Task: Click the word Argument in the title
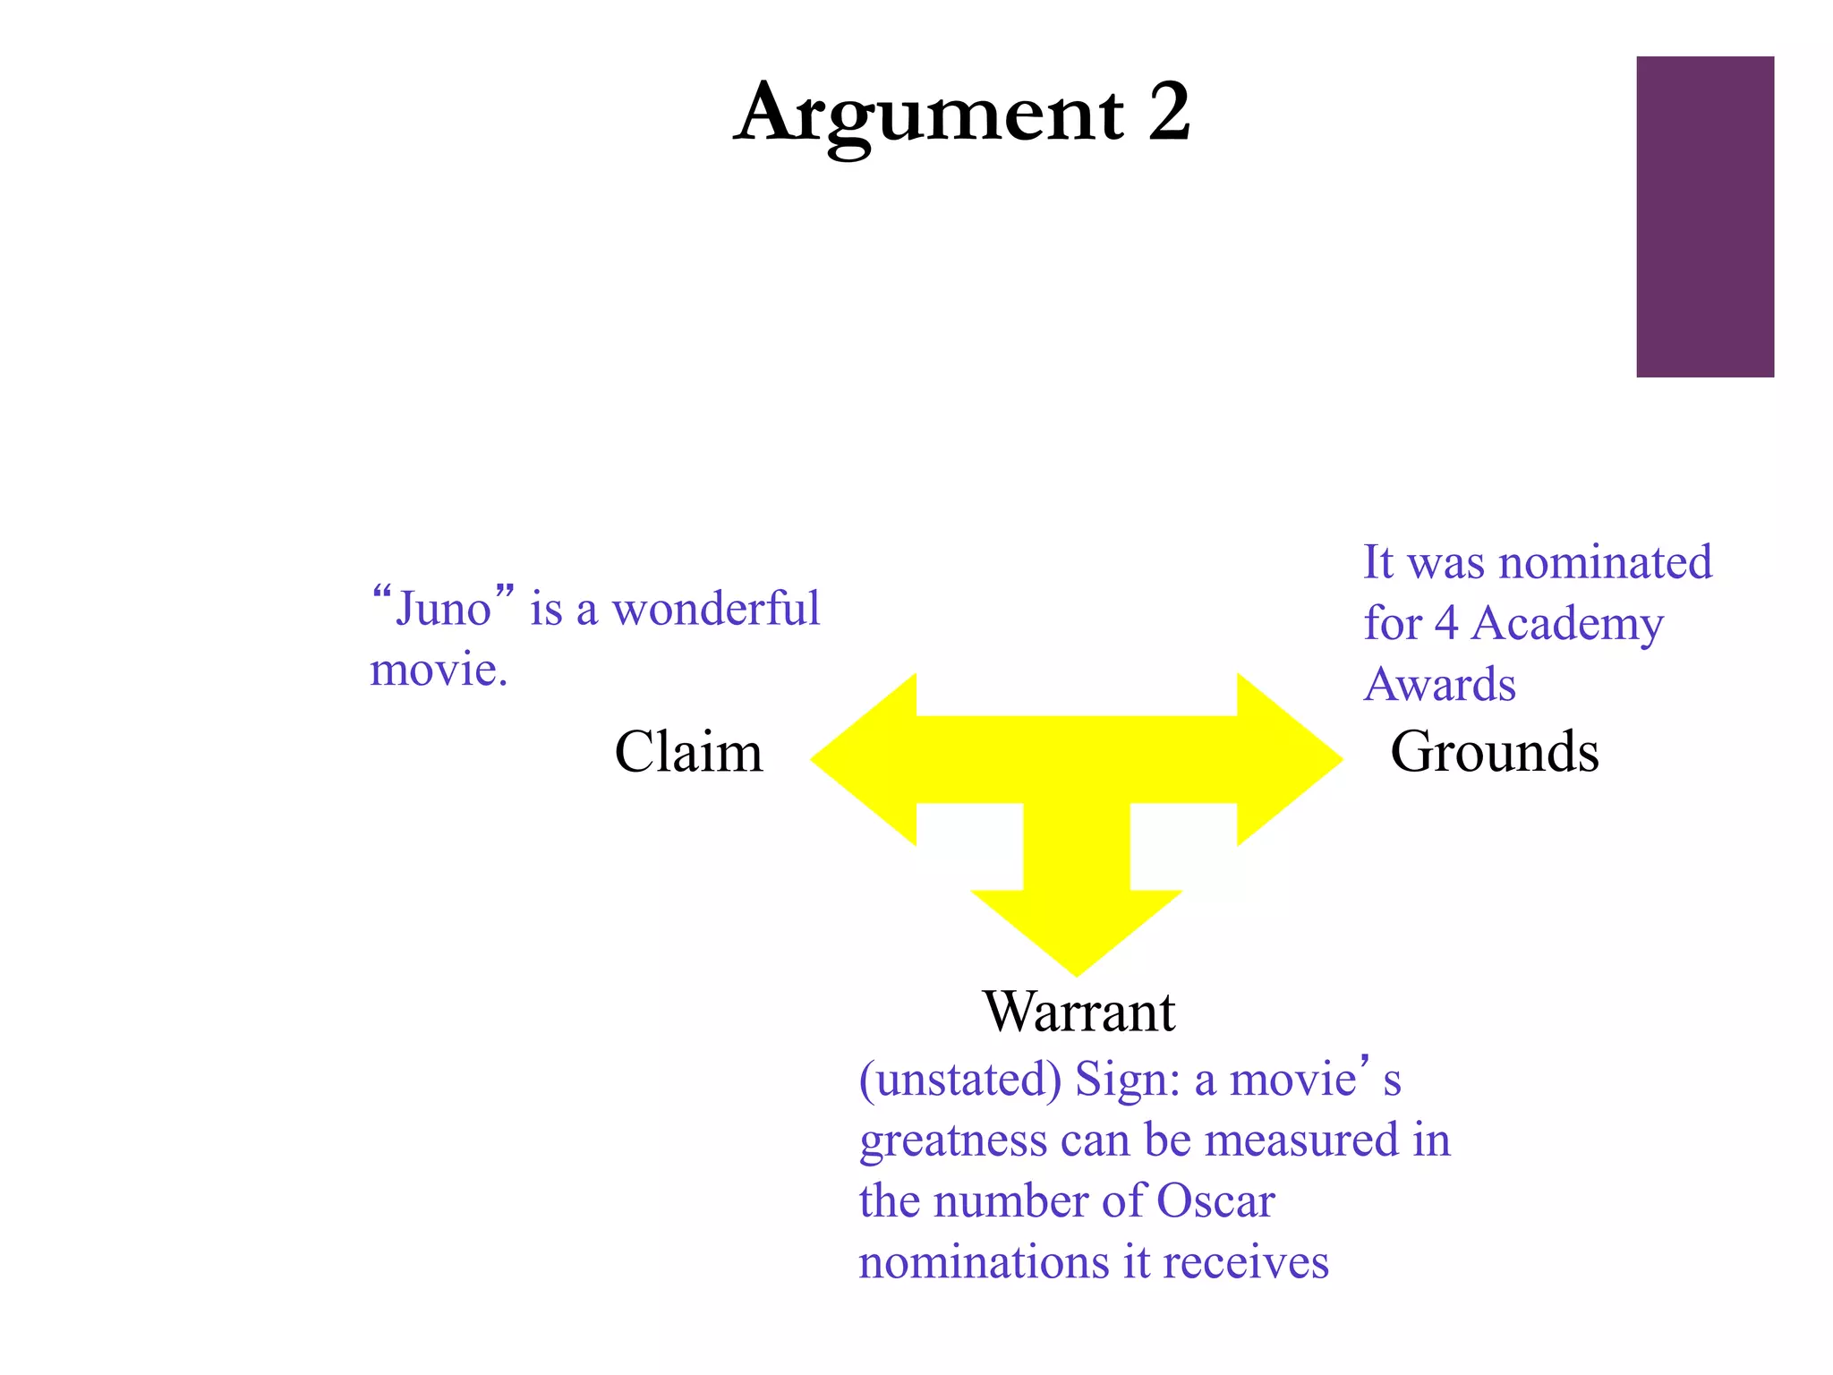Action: click(928, 115)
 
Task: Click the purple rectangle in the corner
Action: click(1704, 217)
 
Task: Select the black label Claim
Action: click(688, 752)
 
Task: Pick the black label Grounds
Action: click(1494, 752)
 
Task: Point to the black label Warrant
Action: click(1078, 1012)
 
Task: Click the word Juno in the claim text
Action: click(443, 609)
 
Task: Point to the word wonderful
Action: click(715, 609)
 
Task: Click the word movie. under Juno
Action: click(439, 670)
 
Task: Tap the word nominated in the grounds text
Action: click(1605, 562)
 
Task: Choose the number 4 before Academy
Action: click(1446, 623)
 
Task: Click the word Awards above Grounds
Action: click(1439, 685)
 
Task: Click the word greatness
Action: click(953, 1141)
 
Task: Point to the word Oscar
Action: click(1215, 1201)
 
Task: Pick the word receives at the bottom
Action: click(1246, 1263)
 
